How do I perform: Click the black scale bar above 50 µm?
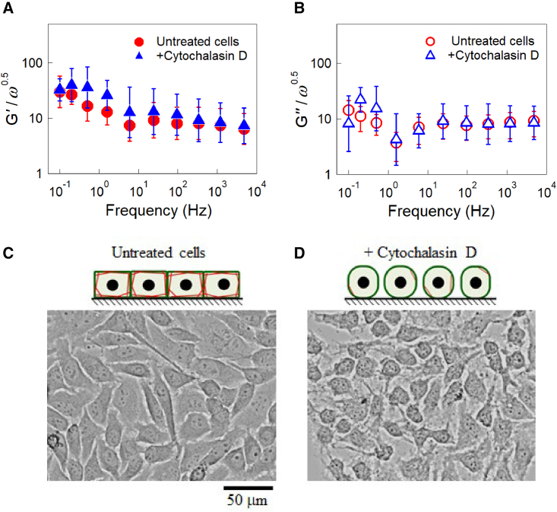(248, 486)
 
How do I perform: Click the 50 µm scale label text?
(248, 501)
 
